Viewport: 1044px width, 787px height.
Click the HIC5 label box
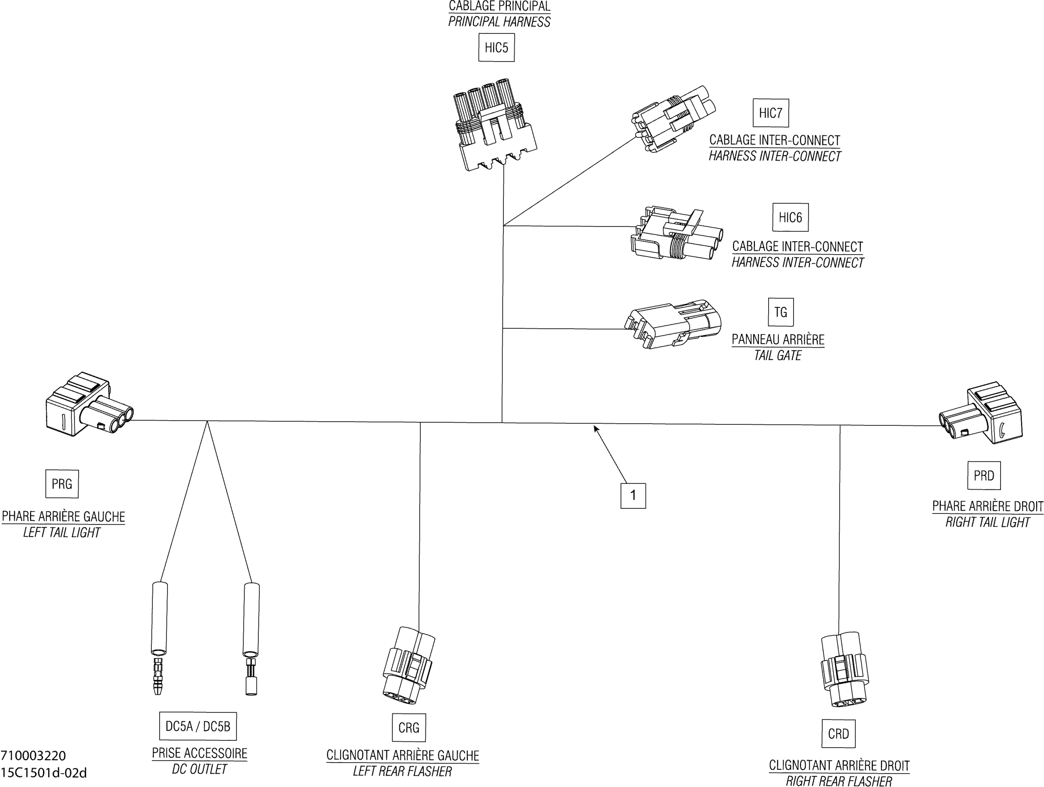tap(496, 48)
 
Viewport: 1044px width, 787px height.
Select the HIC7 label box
tap(770, 113)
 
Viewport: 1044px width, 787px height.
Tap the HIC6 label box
tap(790, 217)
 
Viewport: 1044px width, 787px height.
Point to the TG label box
tap(781, 312)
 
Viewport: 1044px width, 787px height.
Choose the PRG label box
tap(62, 484)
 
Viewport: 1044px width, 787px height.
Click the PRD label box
tap(983, 475)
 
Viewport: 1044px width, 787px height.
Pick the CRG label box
tap(409, 728)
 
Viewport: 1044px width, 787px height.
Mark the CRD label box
tap(838, 734)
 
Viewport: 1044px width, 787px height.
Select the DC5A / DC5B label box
tap(198, 726)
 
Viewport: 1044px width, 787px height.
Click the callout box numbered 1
tap(633, 496)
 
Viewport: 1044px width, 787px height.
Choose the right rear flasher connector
tap(844, 670)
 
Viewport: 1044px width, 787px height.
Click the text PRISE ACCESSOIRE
tap(199, 754)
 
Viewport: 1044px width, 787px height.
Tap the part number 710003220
tap(33, 756)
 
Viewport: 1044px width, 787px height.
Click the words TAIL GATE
tap(777, 356)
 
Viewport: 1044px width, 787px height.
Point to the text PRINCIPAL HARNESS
tap(499, 22)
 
